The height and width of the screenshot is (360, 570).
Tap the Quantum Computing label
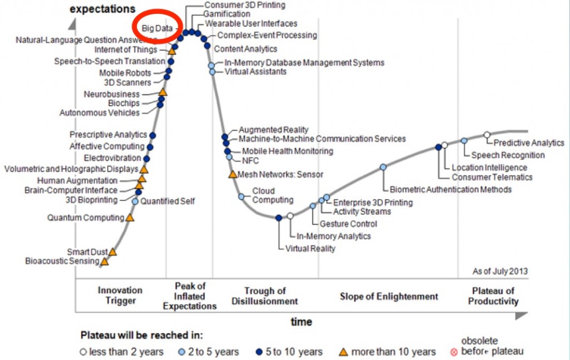click(x=85, y=218)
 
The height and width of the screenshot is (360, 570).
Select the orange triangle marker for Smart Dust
click(x=112, y=251)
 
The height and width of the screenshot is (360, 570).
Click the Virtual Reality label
click(x=310, y=249)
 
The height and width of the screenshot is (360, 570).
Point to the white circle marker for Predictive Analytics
click(x=487, y=135)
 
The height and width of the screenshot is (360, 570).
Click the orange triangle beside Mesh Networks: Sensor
click(x=232, y=174)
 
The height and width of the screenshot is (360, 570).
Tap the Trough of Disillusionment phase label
click(x=265, y=296)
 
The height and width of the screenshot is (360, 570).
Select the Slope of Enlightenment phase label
click(x=389, y=296)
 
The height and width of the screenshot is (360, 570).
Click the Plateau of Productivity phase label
click(x=493, y=296)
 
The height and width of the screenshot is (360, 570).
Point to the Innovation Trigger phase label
click(x=120, y=295)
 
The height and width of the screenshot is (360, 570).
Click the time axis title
click(x=301, y=322)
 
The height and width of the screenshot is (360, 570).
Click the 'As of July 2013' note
click(x=500, y=272)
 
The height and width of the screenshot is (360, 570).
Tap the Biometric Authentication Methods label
click(x=450, y=190)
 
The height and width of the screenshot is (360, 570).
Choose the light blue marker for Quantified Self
click(x=135, y=201)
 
